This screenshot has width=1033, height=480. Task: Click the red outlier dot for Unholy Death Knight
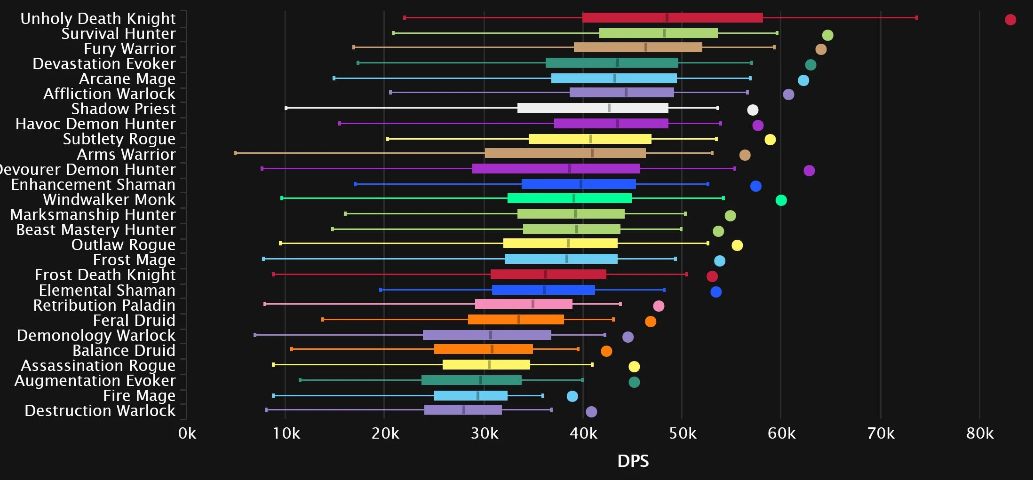1010,20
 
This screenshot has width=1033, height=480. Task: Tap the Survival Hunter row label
118,34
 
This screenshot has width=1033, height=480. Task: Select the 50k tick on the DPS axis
683,433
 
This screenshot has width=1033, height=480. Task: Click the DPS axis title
633,461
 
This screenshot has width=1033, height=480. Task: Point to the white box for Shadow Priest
592,108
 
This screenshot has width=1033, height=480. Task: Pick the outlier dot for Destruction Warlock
591,412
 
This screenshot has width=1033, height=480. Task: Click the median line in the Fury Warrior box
646,47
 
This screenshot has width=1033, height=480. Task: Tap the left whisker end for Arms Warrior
235,153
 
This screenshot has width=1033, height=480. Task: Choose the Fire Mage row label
139,396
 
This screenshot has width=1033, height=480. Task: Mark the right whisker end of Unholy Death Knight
917,18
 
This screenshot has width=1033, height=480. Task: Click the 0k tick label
187,433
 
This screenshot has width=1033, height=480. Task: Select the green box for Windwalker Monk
569,198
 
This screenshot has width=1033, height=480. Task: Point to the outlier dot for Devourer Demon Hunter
809,171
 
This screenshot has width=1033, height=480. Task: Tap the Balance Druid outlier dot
606,351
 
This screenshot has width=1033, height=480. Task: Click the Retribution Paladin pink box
524,304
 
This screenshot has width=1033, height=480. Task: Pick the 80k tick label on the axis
980,433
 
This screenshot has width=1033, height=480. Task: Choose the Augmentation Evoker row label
95,381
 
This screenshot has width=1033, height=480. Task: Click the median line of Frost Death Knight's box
546,275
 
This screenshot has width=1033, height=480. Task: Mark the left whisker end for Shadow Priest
286,108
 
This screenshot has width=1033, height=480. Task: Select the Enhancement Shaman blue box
579,184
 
